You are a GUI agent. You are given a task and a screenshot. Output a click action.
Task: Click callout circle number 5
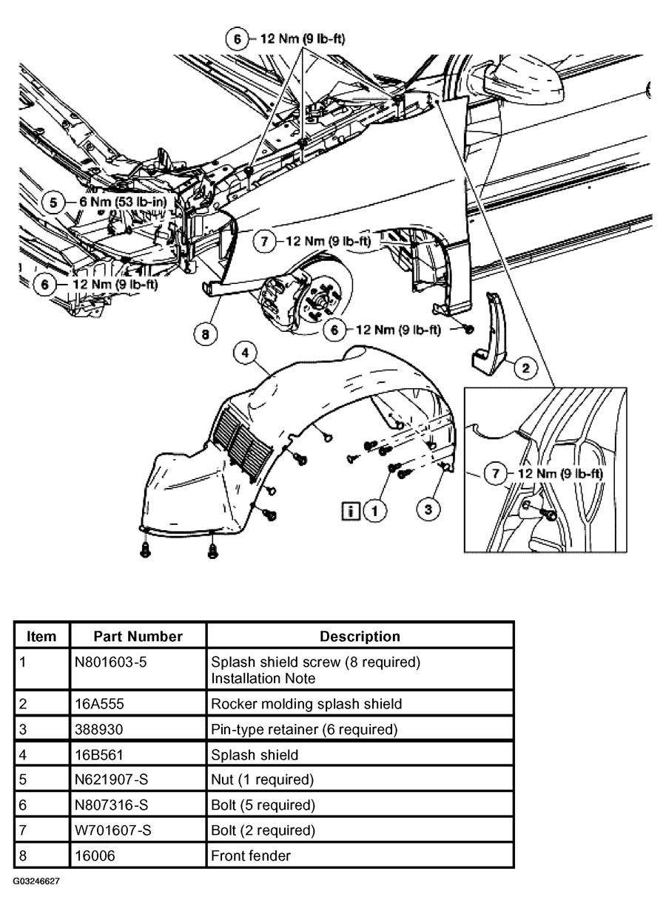(x=53, y=200)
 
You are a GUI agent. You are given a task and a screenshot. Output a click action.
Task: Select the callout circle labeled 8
(x=206, y=334)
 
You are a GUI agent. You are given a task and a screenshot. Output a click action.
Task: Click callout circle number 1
(x=376, y=509)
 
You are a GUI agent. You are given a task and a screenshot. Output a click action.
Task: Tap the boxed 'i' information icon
(x=351, y=509)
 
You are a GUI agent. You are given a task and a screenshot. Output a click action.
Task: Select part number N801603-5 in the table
(x=111, y=662)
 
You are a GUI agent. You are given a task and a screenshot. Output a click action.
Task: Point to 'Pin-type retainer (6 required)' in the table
(x=304, y=730)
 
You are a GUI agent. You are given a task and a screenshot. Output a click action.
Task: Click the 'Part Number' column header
(x=138, y=636)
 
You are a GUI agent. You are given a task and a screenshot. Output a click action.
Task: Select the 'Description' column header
(x=360, y=636)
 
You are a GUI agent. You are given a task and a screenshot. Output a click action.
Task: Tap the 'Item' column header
(x=41, y=636)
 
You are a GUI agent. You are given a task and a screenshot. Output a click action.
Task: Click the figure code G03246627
(x=36, y=882)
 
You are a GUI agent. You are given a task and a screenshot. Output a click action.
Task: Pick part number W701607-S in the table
(x=113, y=830)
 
